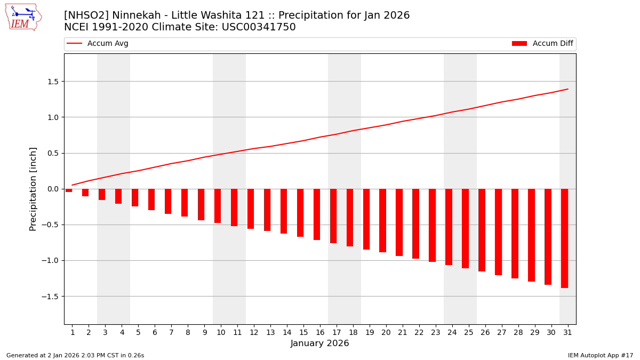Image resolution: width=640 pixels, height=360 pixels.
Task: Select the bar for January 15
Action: pyautogui.click(x=300, y=212)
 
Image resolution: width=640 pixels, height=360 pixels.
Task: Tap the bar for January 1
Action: pyautogui.click(x=69, y=190)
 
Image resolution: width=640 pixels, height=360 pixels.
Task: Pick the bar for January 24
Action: pyautogui.click(x=449, y=227)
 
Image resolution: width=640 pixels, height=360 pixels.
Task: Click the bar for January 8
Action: pyautogui.click(x=185, y=203)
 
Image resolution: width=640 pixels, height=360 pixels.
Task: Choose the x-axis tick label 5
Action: pyautogui.click(x=138, y=332)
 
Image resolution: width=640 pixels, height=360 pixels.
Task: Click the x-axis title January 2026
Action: pyautogui.click(x=319, y=343)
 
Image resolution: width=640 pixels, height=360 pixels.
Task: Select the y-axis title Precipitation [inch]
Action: pyautogui.click(x=33, y=189)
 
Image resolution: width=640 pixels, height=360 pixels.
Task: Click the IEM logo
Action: pyautogui.click(x=23, y=17)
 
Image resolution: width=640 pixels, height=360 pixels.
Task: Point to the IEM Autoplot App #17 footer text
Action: pyautogui.click(x=600, y=355)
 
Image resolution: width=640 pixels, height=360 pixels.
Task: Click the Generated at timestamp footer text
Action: pyautogui.click(x=75, y=355)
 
